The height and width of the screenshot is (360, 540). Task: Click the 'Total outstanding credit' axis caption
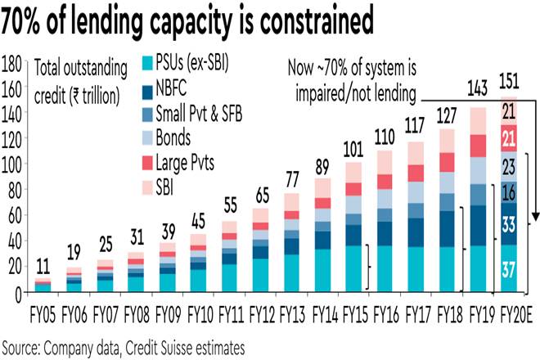tap(86, 77)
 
